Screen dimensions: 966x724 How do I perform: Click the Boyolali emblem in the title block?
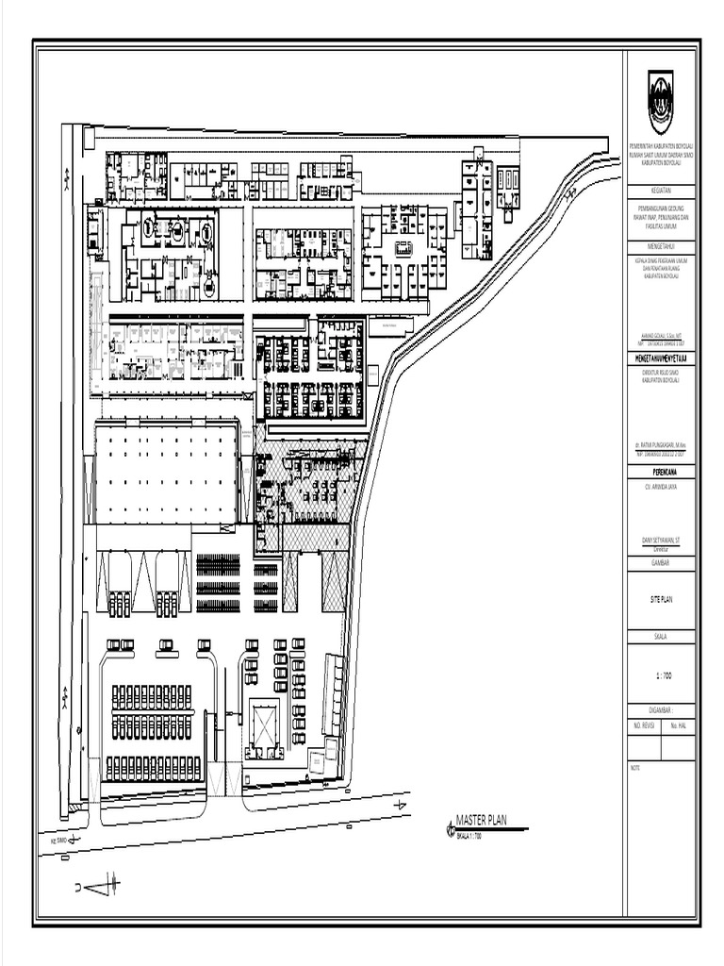pyautogui.click(x=660, y=102)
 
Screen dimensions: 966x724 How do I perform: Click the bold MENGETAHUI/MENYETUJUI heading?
pyautogui.click(x=660, y=359)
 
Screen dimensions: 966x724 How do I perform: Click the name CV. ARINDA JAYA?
pyautogui.click(x=660, y=486)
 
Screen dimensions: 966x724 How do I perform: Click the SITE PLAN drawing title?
pyautogui.click(x=660, y=599)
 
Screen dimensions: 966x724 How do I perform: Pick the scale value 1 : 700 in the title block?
pyautogui.click(x=660, y=675)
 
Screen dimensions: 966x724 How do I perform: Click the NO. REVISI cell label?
pyautogui.click(x=644, y=726)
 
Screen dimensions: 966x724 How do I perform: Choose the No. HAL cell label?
pyautogui.click(x=678, y=726)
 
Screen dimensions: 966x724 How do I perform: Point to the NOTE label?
pyautogui.click(x=634, y=767)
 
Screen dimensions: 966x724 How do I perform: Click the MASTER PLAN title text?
pyautogui.click(x=481, y=821)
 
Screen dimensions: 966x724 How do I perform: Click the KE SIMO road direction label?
pyautogui.click(x=60, y=839)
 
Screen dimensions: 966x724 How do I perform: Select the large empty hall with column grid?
pyautogui.click(x=166, y=474)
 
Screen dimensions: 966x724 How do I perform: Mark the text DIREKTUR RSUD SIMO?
pyautogui.click(x=660, y=373)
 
